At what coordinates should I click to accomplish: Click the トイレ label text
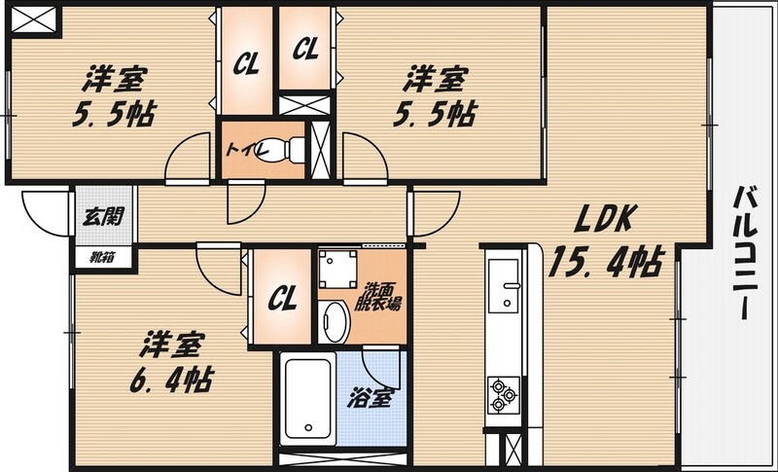point(243,150)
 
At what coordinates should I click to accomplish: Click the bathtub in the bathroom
point(307,400)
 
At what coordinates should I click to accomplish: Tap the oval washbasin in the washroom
point(336,320)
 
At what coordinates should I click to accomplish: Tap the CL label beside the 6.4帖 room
point(282,294)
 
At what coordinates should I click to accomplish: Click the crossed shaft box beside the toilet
point(321,150)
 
